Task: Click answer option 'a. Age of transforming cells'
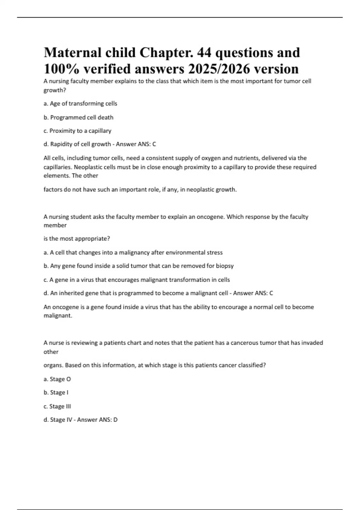coord(80,103)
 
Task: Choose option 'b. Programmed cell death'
coord(78,117)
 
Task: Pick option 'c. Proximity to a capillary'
coord(77,131)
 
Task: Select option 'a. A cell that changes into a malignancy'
coord(133,253)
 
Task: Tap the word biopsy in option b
coord(225,266)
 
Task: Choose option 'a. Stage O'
coord(57,379)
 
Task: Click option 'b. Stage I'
coord(56,392)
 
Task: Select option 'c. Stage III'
coord(57,406)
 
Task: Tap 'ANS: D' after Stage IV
coord(110,420)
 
